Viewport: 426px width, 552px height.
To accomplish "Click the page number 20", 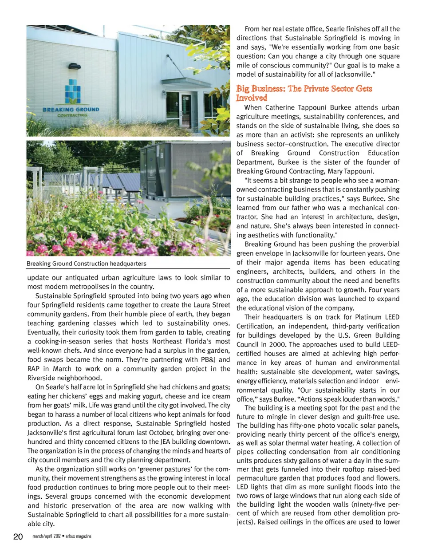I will (18, 536).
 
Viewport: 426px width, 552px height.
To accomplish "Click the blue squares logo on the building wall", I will (73, 92).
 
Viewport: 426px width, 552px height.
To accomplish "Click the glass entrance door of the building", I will (186, 111).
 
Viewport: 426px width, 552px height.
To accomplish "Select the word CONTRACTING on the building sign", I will (72, 115).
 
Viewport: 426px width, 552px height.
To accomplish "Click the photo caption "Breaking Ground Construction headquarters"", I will (86, 264).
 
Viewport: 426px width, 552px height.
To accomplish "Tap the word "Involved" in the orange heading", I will (252, 98).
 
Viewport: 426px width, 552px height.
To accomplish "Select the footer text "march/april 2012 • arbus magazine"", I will (62, 536).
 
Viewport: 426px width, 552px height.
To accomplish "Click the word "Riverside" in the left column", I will (42, 378).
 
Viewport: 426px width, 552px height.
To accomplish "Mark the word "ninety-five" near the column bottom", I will (370, 505).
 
